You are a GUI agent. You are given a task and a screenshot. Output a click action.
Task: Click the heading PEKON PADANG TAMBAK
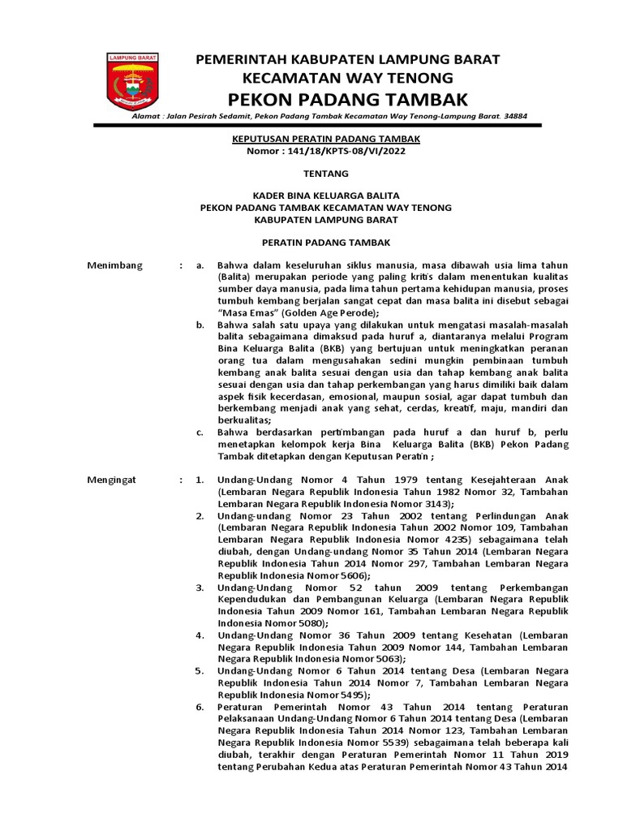point(349,99)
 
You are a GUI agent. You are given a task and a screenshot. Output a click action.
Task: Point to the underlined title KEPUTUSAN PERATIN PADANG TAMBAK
point(326,139)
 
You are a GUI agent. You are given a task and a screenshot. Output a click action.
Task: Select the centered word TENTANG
point(325,174)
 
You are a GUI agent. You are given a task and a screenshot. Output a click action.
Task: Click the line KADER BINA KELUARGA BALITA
point(325,196)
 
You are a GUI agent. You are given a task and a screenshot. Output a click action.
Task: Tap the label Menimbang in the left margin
point(114,265)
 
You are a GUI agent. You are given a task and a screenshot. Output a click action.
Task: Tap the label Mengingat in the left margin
point(113,480)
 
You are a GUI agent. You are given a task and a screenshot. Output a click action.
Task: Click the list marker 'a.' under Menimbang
point(200,265)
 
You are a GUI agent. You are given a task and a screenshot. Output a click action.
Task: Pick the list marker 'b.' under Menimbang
point(200,325)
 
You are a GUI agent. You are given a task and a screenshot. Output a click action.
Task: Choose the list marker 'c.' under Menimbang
point(200,433)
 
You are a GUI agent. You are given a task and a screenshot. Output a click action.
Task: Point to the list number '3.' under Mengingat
point(200,587)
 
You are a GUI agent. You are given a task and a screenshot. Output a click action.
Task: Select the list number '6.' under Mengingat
point(200,707)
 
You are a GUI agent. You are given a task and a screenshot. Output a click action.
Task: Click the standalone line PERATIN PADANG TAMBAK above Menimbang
point(325,243)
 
